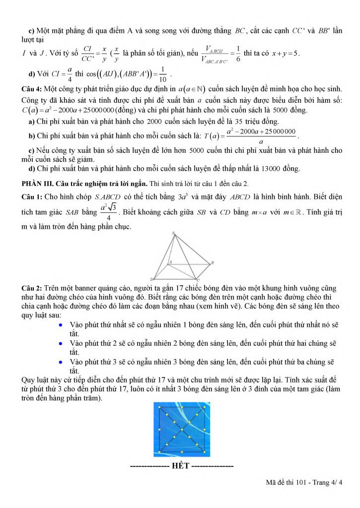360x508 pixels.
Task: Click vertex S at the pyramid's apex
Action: point(174,234)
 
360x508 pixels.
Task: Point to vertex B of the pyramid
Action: point(212,262)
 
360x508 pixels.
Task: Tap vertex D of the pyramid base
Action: point(153,279)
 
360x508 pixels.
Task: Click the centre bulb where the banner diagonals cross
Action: point(181,430)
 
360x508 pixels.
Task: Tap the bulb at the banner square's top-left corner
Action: point(159,408)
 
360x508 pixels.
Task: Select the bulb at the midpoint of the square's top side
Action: point(181,408)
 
